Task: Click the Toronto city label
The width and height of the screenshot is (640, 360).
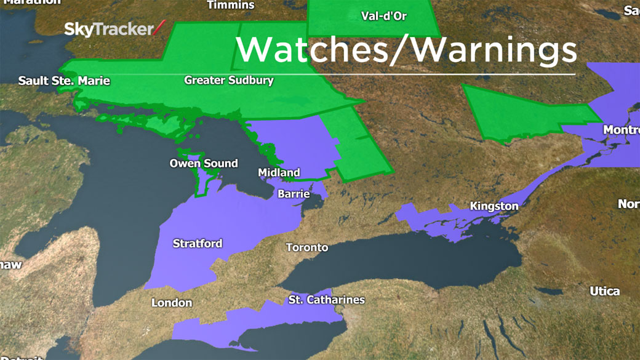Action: coord(307,247)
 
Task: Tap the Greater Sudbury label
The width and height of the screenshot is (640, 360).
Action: coord(229,81)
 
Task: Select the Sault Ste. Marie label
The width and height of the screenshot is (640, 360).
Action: coord(64,81)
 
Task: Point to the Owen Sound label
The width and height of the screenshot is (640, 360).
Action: coord(204,163)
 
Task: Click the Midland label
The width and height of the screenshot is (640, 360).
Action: coord(279,172)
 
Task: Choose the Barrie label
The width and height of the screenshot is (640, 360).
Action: coord(294,194)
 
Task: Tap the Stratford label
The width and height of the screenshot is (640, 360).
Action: coord(198,244)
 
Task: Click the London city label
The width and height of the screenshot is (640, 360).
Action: coord(172,303)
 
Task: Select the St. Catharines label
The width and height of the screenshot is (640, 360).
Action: coord(326,300)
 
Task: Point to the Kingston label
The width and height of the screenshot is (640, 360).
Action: coord(494,206)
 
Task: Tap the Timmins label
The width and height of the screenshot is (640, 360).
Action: coord(231,5)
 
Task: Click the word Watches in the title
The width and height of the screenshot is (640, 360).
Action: coord(311,49)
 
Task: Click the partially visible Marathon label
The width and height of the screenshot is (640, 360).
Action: coord(31,2)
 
